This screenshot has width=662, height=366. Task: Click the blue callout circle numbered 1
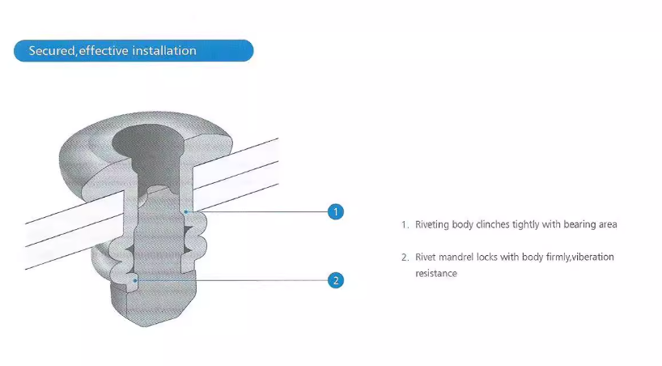pyautogui.click(x=336, y=212)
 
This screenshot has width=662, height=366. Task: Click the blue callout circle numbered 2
pyautogui.click(x=336, y=281)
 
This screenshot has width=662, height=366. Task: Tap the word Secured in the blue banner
pyautogui.click(x=52, y=51)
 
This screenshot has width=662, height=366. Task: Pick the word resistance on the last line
pyautogui.click(x=436, y=274)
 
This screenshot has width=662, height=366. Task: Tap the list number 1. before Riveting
pyautogui.click(x=405, y=224)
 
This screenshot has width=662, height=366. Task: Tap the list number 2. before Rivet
pyautogui.click(x=405, y=257)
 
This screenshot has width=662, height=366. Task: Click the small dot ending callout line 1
pyautogui.click(x=185, y=212)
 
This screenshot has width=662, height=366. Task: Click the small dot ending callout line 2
pyautogui.click(x=136, y=280)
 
